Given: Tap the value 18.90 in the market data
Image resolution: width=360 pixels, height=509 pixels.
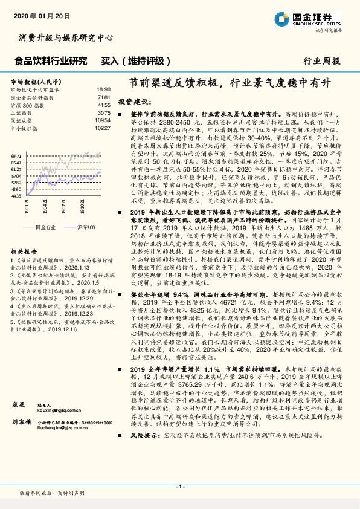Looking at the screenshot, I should point(103,89).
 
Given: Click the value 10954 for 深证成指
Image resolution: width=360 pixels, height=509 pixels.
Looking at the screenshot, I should point(103,120).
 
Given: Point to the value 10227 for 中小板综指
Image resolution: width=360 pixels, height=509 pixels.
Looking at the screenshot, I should point(103,128).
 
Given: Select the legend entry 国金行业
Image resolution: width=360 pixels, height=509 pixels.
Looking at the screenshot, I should point(45,226).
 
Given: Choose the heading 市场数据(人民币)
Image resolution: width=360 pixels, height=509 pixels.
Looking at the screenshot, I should point(36,80).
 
